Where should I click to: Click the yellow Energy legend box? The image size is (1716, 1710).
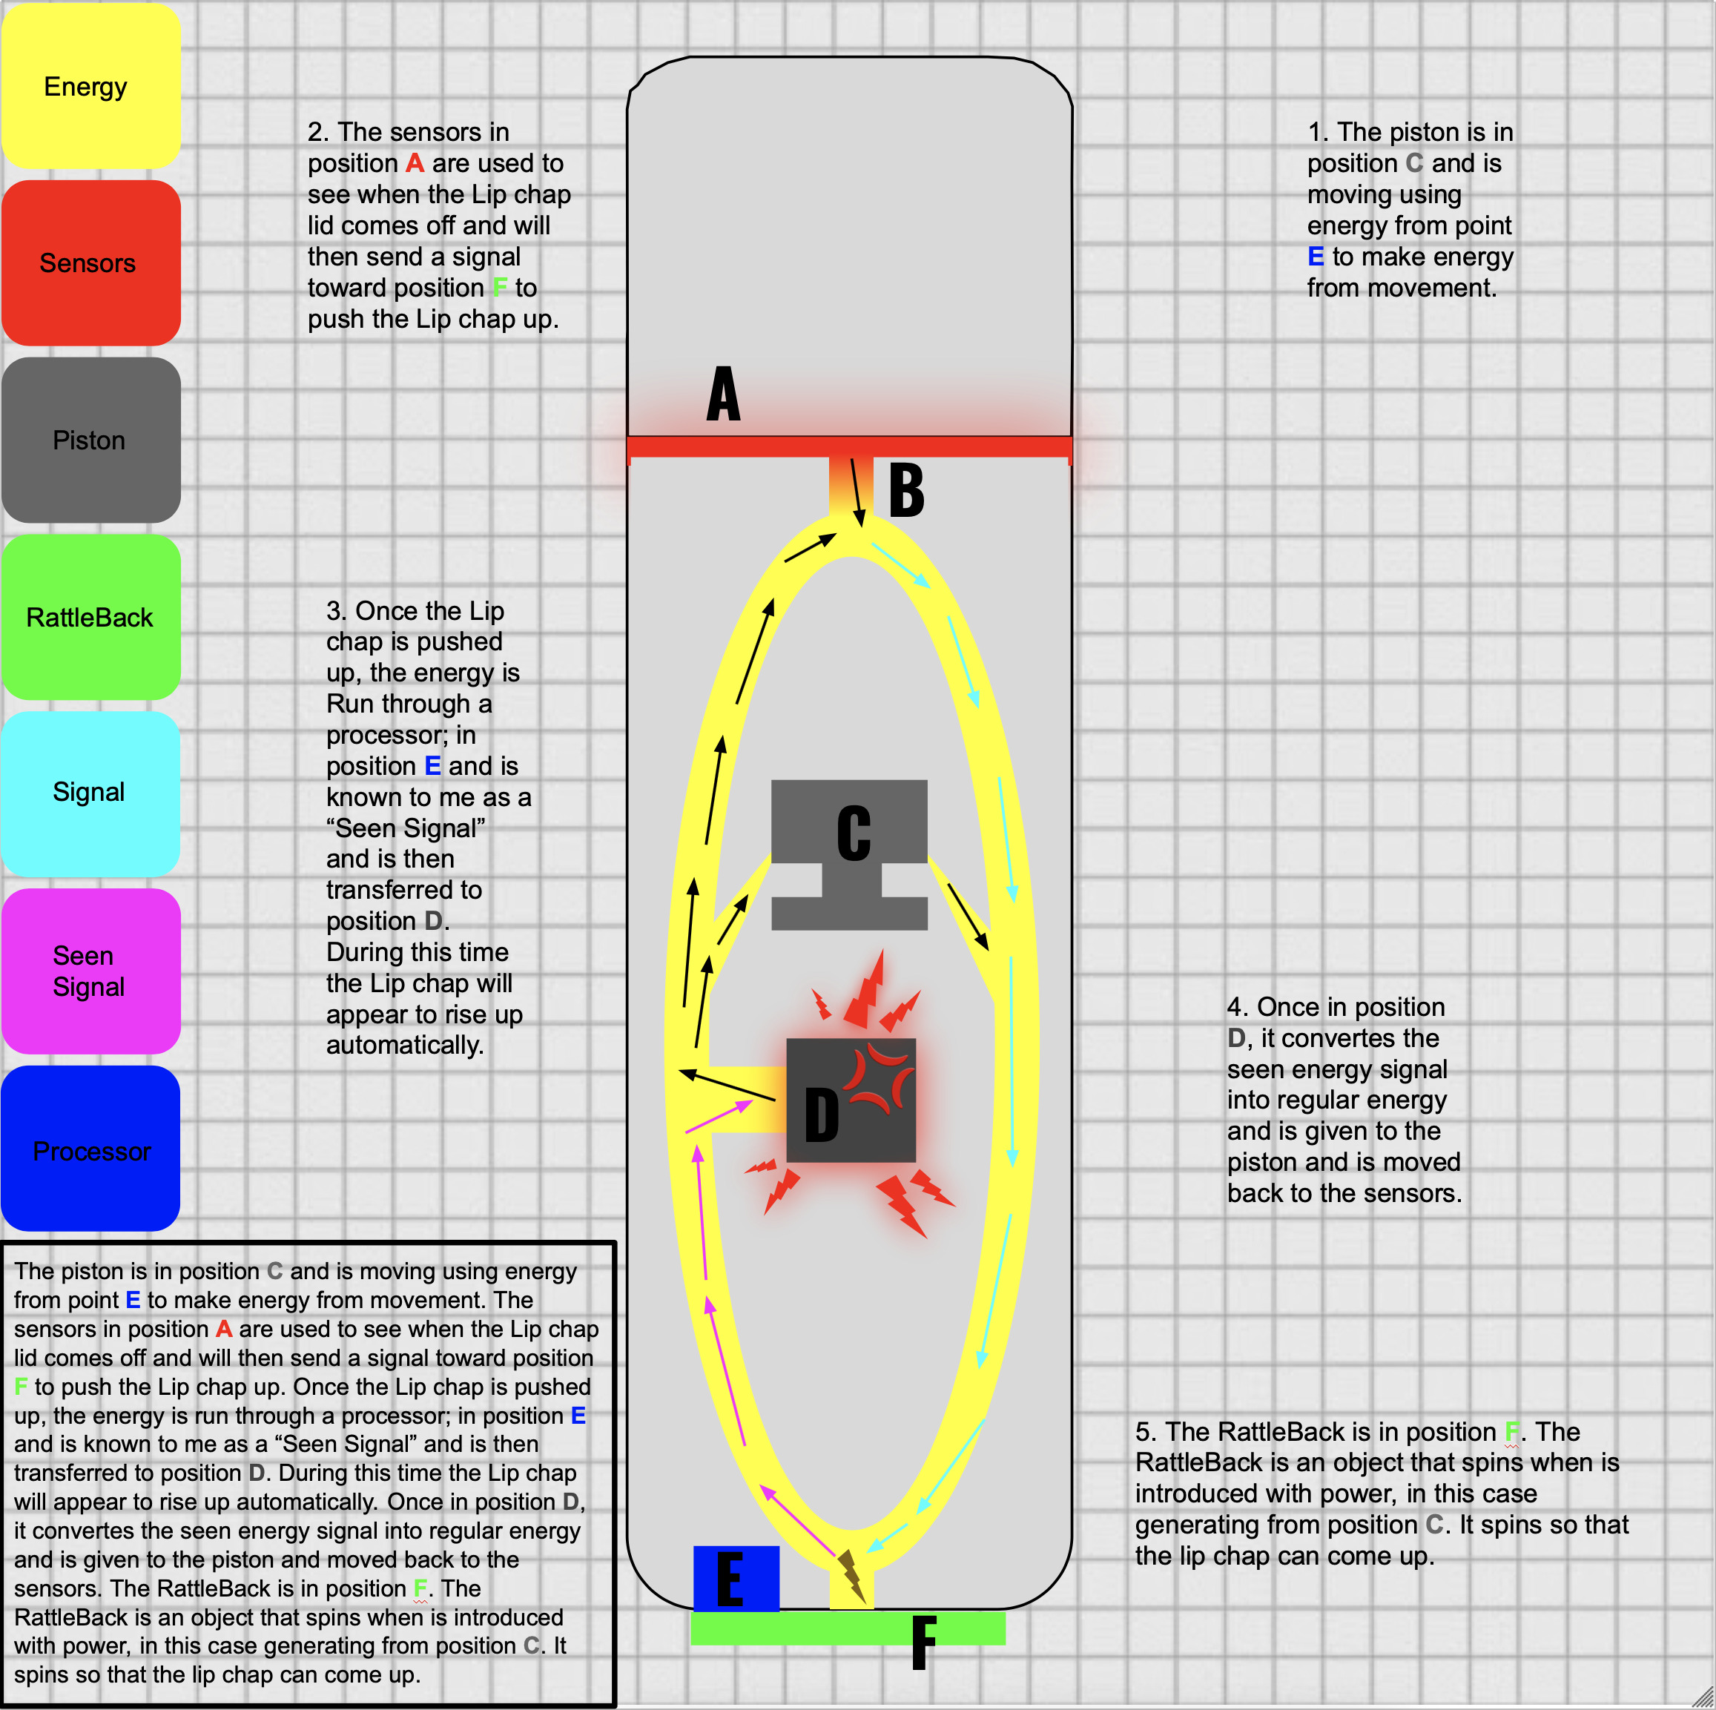[x=90, y=86]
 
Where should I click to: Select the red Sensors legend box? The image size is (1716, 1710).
[x=90, y=263]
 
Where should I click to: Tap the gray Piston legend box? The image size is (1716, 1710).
[x=90, y=440]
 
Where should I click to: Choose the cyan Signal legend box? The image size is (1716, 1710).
[x=90, y=793]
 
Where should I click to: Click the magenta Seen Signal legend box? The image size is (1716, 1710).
[x=90, y=971]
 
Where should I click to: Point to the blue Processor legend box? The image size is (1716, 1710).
[x=90, y=1149]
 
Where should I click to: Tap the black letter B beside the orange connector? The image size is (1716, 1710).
[x=906, y=490]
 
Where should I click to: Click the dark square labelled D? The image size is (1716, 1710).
[x=850, y=1100]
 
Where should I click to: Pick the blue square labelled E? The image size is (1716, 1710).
[x=736, y=1579]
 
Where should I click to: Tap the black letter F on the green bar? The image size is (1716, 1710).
[x=924, y=1643]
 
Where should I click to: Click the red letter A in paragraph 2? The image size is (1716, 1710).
[x=414, y=163]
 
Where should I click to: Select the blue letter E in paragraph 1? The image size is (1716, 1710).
[x=1316, y=257]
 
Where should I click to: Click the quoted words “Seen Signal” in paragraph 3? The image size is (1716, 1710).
[x=406, y=828]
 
